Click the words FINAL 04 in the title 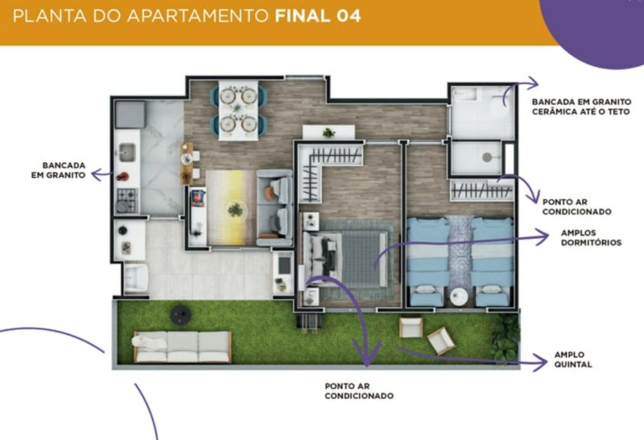tap(318, 16)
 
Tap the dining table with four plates tap(238, 110)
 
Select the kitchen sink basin tap(127, 152)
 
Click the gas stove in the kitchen tap(126, 200)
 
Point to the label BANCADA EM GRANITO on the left tap(59, 170)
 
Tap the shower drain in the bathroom tap(487, 157)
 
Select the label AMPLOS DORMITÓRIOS tap(591, 238)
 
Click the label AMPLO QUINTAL tap(573, 360)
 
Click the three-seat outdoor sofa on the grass tap(182, 347)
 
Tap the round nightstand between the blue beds tap(459, 297)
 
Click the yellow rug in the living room tap(231, 208)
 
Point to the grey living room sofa tap(274, 208)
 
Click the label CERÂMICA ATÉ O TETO tap(581, 111)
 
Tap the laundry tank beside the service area tap(136, 278)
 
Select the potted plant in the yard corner tap(505, 337)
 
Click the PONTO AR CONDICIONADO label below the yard tap(359, 391)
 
